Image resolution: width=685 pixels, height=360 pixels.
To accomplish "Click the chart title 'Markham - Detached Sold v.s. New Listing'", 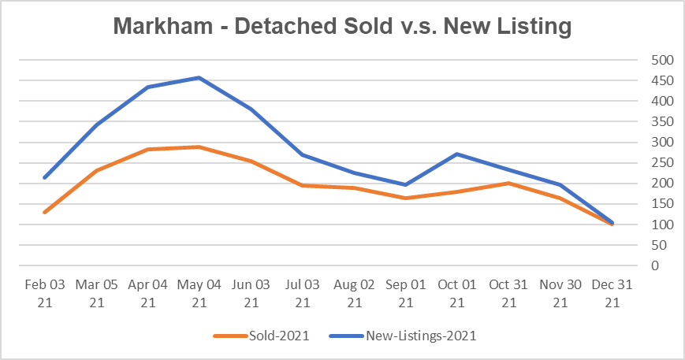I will tap(342, 26).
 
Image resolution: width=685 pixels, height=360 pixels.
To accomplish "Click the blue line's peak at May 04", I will tap(199, 77).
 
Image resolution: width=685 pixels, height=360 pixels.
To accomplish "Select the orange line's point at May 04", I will tap(199, 147).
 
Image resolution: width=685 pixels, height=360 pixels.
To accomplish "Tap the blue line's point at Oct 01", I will tap(457, 154).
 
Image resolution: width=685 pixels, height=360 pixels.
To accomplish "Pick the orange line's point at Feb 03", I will tap(45, 212).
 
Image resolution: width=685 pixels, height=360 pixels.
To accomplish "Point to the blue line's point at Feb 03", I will tap(45, 177).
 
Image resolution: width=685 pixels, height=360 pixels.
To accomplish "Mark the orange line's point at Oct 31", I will tap(508, 183).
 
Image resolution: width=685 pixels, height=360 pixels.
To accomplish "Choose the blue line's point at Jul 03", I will tap(303, 154).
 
